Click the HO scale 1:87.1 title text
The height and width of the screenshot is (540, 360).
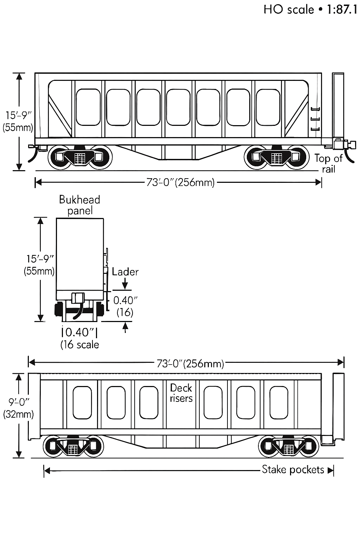click(x=310, y=9)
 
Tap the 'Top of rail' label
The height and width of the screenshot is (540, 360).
click(x=328, y=164)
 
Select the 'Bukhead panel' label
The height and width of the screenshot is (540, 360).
click(x=79, y=205)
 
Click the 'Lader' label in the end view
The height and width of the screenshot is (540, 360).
click(x=125, y=272)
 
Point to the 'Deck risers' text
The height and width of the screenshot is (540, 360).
click(x=181, y=393)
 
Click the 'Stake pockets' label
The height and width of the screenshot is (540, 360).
click(x=293, y=470)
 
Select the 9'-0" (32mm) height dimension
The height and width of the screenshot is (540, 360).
click(x=18, y=408)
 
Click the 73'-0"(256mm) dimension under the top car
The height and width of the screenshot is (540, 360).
click(x=180, y=182)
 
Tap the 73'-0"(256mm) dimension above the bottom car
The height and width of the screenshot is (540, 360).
click(x=190, y=363)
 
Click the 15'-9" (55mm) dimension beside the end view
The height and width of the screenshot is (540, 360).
click(x=40, y=265)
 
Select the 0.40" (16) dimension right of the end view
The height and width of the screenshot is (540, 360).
click(x=125, y=306)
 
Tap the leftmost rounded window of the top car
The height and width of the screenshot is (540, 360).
click(x=88, y=107)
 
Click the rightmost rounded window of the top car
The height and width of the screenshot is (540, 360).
click(x=269, y=107)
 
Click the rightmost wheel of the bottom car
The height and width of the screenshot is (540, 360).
click(x=307, y=446)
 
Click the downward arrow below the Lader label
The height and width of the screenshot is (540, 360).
click(x=126, y=283)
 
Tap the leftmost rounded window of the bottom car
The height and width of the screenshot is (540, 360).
click(x=82, y=403)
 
